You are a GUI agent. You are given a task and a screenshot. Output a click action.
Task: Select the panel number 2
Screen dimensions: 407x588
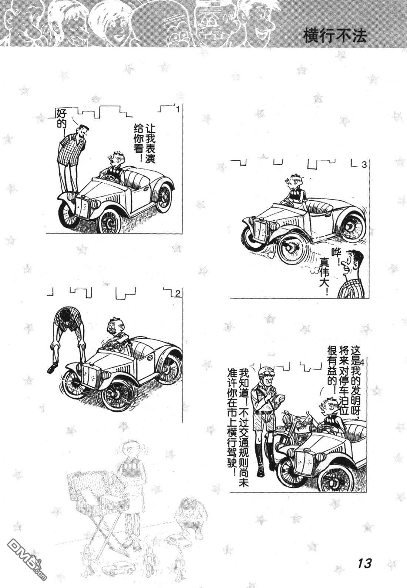coord(178,294)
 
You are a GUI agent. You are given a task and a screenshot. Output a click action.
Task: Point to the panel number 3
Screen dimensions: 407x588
coord(364,165)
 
